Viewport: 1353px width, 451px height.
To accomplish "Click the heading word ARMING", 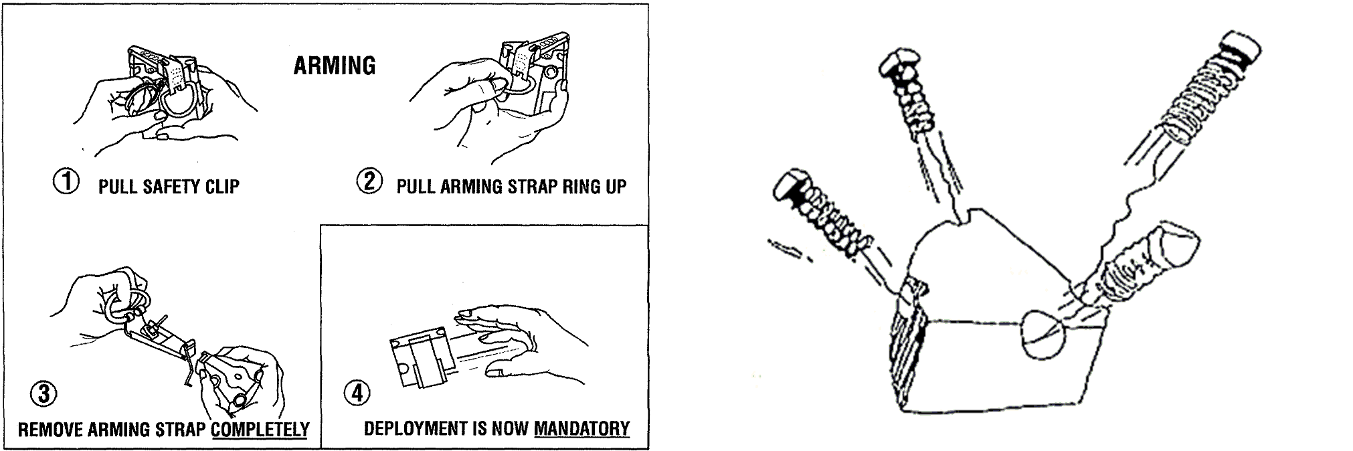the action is point(335,66).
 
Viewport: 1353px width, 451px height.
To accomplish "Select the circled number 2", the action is point(369,181).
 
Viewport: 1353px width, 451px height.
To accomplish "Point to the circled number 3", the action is point(44,395).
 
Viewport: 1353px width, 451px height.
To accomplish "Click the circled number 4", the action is point(357,393).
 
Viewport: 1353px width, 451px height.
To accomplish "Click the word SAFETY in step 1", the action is point(171,187).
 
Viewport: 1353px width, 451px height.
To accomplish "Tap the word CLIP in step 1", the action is point(221,187).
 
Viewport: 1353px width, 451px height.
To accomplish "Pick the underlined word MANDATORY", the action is point(582,428).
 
